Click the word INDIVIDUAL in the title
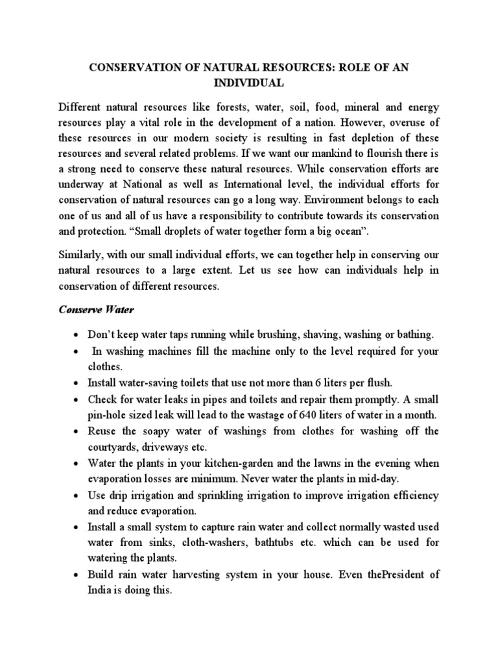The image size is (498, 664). click(248, 84)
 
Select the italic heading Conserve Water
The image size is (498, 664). click(96, 311)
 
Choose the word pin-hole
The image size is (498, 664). click(110, 415)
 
